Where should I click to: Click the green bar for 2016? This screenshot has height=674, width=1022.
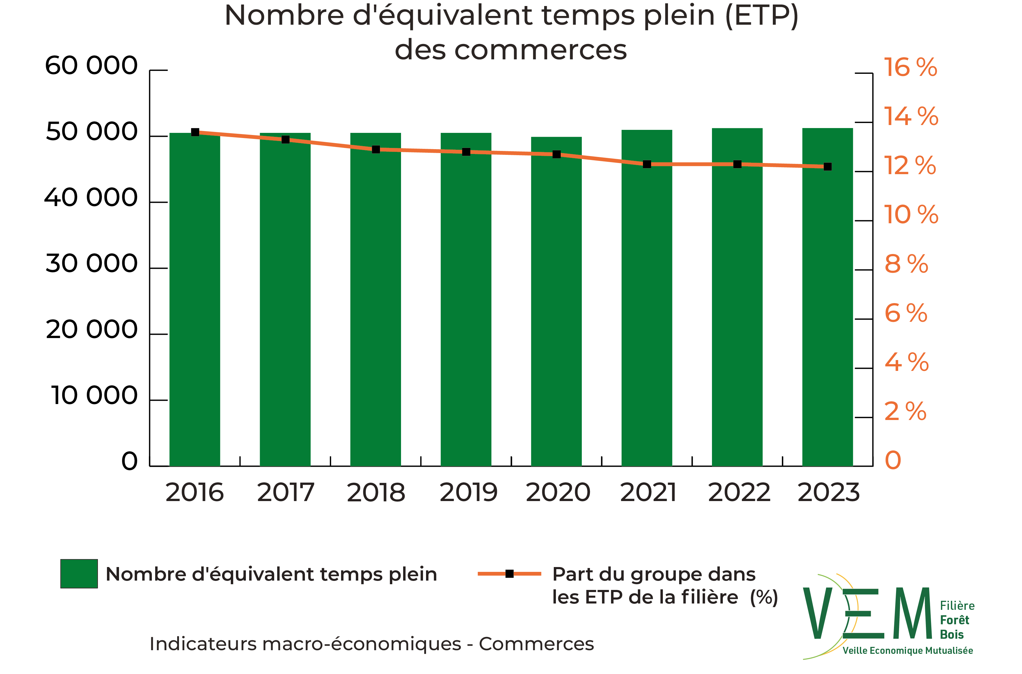tap(195, 301)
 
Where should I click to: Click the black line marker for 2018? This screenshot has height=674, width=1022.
tap(376, 149)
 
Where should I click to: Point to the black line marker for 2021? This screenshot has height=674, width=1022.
tap(647, 164)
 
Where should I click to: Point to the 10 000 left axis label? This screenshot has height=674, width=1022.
tap(94, 396)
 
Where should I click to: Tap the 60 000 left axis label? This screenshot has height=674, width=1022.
tap(91, 66)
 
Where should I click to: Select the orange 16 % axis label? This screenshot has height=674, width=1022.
tap(910, 67)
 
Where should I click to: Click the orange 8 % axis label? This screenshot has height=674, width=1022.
tap(906, 264)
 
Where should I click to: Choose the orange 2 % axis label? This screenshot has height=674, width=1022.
tap(905, 411)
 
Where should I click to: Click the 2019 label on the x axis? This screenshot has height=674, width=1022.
tap(468, 493)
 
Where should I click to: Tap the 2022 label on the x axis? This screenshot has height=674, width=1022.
tap(739, 493)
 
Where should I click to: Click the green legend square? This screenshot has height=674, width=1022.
tap(79, 573)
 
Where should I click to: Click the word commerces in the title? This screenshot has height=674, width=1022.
tap(540, 50)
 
